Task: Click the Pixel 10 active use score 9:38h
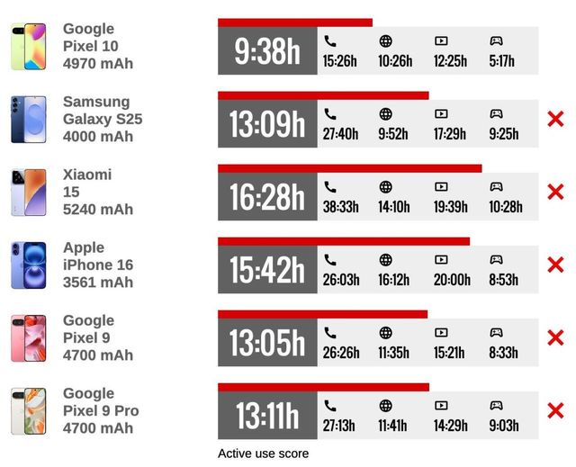pyautogui.click(x=267, y=51)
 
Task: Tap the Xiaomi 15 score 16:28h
pyautogui.click(x=267, y=197)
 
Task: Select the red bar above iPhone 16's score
pyautogui.click(x=343, y=241)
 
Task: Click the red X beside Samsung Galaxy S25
pyautogui.click(x=555, y=119)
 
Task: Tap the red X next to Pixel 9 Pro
pyautogui.click(x=555, y=411)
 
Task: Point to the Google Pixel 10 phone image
pyautogui.click(x=28, y=47)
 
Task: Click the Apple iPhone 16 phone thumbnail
pyautogui.click(x=28, y=265)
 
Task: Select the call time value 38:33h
pyautogui.click(x=340, y=207)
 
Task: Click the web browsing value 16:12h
pyautogui.click(x=394, y=280)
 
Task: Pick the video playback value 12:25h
pyautogui.click(x=450, y=61)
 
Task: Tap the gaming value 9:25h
pyautogui.click(x=503, y=134)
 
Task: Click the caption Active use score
pyautogui.click(x=263, y=454)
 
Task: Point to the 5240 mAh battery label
pyautogui.click(x=97, y=210)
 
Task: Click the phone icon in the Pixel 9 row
pyautogui.click(x=330, y=333)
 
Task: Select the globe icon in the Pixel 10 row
pyautogui.click(x=386, y=40)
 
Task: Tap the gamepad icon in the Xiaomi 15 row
pyautogui.click(x=496, y=187)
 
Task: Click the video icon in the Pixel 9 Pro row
pyautogui.click(x=441, y=406)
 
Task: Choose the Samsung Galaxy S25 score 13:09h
pyautogui.click(x=267, y=124)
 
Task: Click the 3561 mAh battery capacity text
pyautogui.click(x=97, y=283)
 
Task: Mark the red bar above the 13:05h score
pyautogui.click(x=322, y=314)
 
